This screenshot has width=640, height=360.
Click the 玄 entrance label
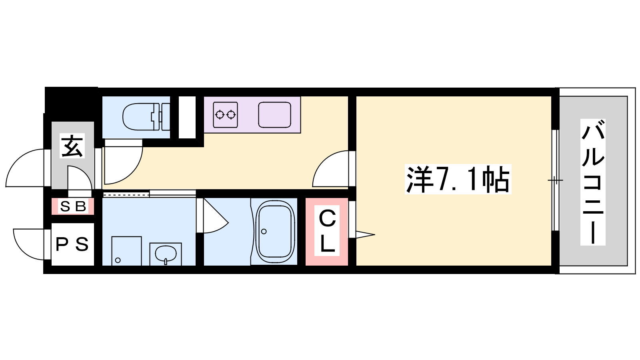click(x=72, y=146)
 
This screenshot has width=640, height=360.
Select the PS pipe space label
click(x=72, y=244)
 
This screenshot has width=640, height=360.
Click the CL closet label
click(x=327, y=230)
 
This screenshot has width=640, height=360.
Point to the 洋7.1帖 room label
click(x=458, y=180)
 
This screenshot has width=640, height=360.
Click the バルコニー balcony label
click(x=593, y=182)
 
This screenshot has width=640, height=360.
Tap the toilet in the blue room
click(x=146, y=117)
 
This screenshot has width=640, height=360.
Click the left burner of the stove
click(x=220, y=114)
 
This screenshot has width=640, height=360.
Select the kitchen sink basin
click(x=274, y=115)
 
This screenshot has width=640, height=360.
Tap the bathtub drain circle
click(x=264, y=232)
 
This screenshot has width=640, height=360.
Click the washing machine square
click(x=126, y=251)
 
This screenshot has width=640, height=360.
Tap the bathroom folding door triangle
click(x=216, y=216)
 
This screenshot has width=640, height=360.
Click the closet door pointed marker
click(x=365, y=234)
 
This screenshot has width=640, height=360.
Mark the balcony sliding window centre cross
click(x=555, y=180)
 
